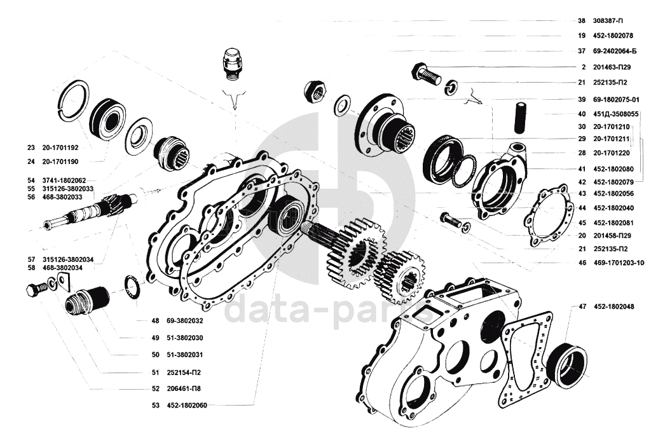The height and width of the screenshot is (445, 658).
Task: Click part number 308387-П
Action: click(x=608, y=20)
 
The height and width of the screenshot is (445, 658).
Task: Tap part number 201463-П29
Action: click(x=612, y=67)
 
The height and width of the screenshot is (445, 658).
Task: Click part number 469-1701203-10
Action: click(x=619, y=262)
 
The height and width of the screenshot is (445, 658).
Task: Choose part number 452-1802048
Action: click(x=615, y=306)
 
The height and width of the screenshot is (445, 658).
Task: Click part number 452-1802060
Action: click(x=189, y=404)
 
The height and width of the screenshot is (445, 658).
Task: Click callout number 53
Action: click(x=155, y=404)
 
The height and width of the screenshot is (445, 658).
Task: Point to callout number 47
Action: click(x=582, y=306)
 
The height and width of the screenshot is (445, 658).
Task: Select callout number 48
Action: click(x=155, y=320)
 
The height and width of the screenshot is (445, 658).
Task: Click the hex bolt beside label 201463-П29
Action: click(x=426, y=74)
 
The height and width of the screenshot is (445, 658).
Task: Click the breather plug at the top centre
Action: click(x=233, y=63)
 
